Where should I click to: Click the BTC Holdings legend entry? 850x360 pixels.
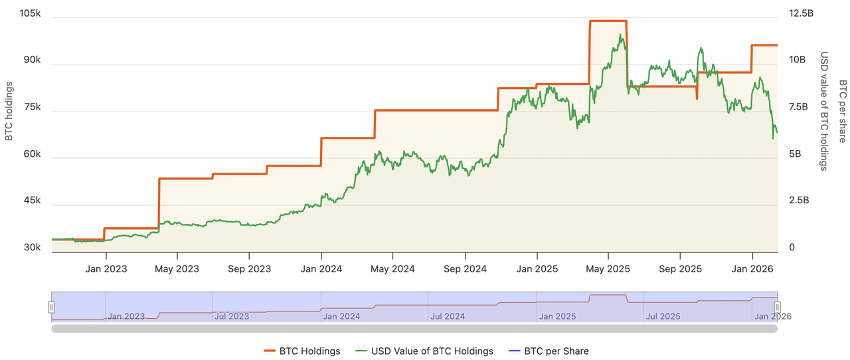302,351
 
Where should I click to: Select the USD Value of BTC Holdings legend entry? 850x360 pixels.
424,351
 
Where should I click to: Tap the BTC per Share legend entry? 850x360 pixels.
548,351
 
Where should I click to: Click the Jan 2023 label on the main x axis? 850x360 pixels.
106,269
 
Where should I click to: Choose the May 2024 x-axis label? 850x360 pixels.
392,269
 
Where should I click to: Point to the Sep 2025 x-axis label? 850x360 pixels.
681,269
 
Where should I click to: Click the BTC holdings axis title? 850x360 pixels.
9,111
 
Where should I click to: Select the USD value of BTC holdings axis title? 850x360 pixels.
824,111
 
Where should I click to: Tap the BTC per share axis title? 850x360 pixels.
842,111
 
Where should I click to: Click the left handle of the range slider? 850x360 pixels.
52,307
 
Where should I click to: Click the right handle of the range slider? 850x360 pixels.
777,307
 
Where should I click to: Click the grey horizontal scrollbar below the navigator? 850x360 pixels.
414,328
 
